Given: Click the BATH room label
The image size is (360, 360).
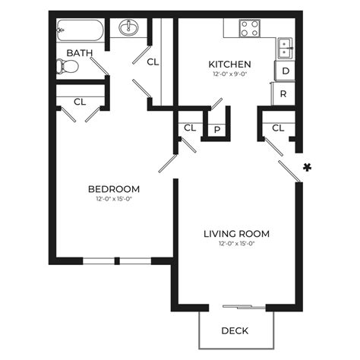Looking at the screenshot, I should (x=80, y=52).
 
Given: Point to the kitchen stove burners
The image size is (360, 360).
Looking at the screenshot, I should (x=250, y=29).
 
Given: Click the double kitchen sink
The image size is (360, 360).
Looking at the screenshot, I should (x=286, y=46).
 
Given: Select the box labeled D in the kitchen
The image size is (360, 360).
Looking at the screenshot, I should (x=285, y=71).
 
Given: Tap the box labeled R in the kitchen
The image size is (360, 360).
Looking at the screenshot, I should (x=283, y=94).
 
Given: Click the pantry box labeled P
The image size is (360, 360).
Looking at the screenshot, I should (x=218, y=129).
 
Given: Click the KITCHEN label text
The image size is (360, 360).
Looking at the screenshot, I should (x=230, y=64).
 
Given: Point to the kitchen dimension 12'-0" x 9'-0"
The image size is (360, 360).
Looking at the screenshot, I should (x=230, y=74).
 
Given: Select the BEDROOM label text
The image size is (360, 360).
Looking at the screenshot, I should (x=114, y=189).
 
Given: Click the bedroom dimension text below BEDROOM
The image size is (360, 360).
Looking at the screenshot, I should (x=114, y=200).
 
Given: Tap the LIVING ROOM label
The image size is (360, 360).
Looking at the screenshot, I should (x=236, y=233).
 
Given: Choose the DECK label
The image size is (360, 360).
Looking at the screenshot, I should (x=234, y=330).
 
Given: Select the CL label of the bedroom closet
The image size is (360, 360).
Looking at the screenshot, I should (x=80, y=101).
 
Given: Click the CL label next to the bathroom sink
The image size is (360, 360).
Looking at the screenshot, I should (x=153, y=62).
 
